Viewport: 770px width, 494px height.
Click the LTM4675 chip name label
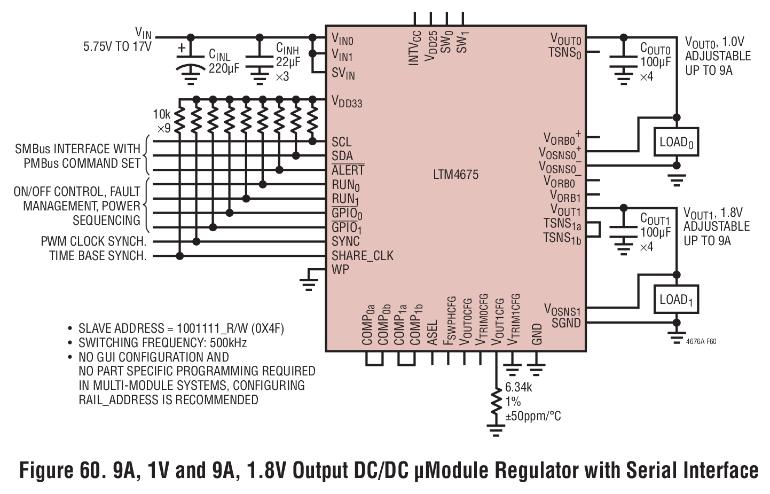[x=455, y=175]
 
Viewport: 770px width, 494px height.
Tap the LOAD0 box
[x=676, y=142]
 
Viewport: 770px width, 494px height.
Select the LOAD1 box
[x=676, y=300]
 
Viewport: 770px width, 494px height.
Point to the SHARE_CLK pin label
[x=363, y=256]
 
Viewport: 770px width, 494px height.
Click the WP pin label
[x=340, y=270]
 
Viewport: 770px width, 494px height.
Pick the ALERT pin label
[x=348, y=170]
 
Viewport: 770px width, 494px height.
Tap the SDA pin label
[x=342, y=156]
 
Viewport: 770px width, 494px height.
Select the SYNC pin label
[x=345, y=241]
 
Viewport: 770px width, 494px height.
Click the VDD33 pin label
[x=347, y=102]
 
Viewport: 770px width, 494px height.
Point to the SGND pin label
[x=566, y=323]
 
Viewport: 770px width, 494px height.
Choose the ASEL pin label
[x=432, y=332]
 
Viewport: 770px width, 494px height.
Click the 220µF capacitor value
[x=224, y=68]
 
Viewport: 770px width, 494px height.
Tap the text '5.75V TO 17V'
[x=117, y=46]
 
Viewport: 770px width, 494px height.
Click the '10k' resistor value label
[x=162, y=114]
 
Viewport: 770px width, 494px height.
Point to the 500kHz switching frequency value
[x=228, y=343]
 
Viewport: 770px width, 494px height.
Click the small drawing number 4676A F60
[x=701, y=341]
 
